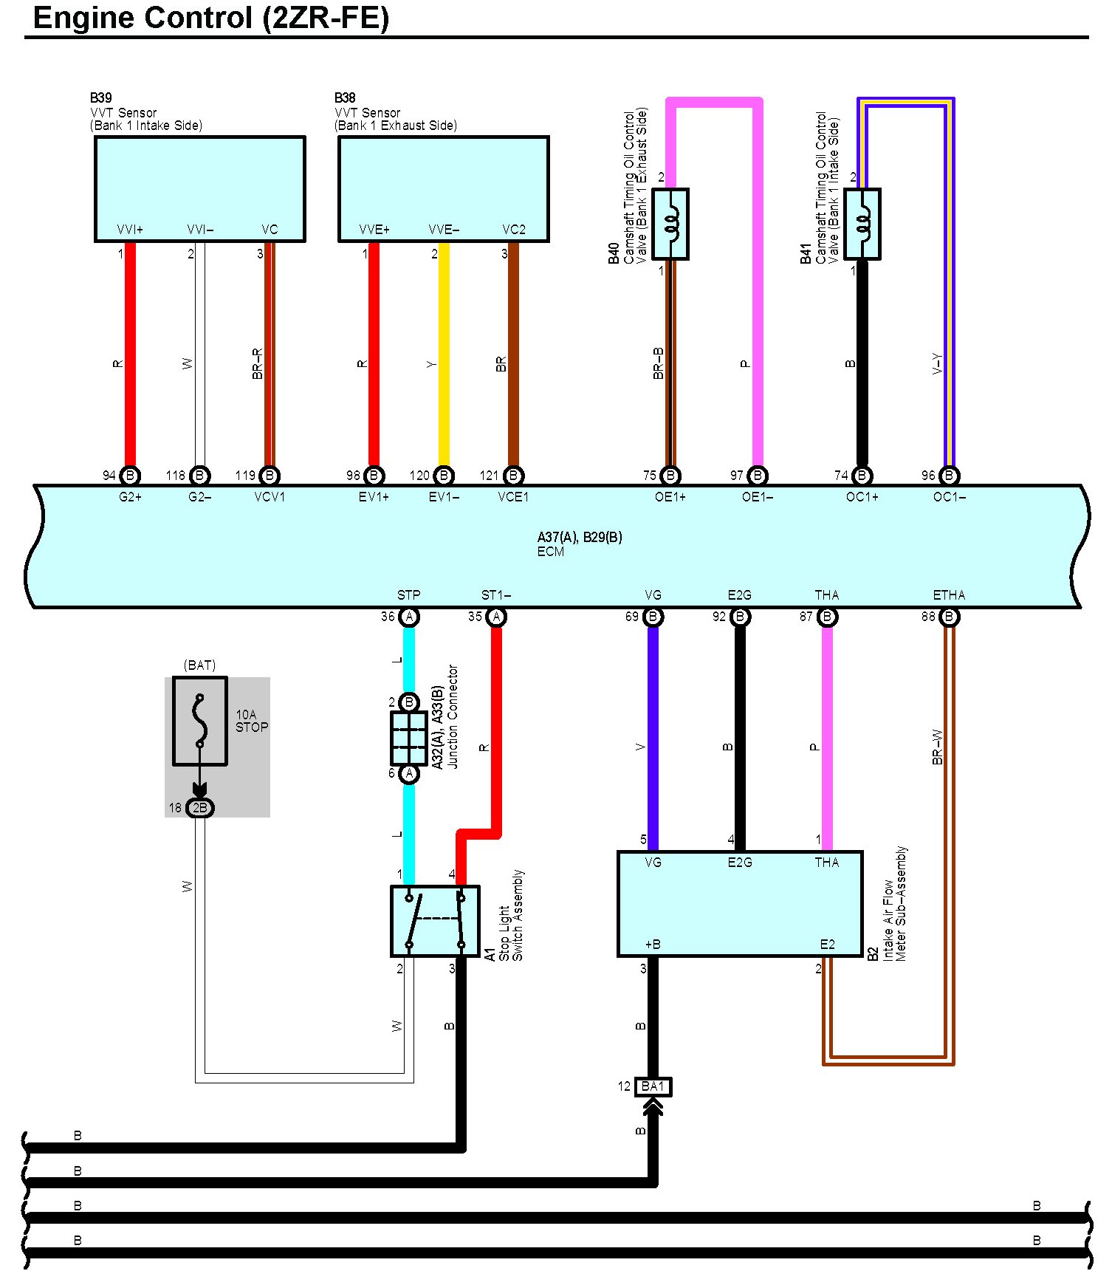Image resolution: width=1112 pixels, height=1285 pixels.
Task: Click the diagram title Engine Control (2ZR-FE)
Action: click(x=211, y=18)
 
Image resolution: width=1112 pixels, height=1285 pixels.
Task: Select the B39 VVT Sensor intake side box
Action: click(x=199, y=188)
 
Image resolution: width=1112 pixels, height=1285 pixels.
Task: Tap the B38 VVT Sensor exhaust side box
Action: click(x=443, y=188)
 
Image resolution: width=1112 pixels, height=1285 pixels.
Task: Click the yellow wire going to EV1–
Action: click(x=444, y=354)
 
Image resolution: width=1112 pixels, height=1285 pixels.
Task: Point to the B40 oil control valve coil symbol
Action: click(x=670, y=224)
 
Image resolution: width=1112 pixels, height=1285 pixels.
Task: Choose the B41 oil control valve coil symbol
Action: click(x=862, y=224)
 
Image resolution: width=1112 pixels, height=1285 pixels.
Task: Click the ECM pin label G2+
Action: click(x=130, y=497)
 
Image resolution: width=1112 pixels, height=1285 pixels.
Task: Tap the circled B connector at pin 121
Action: click(x=513, y=476)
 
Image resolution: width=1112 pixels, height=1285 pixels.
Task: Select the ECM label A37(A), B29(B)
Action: click(x=580, y=537)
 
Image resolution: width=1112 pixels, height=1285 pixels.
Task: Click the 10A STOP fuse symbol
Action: click(x=199, y=721)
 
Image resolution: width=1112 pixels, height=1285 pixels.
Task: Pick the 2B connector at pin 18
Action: click(x=199, y=808)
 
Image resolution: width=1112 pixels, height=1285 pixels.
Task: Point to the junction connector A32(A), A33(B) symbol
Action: click(x=408, y=738)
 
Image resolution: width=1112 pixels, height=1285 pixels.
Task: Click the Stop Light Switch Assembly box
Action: click(x=435, y=921)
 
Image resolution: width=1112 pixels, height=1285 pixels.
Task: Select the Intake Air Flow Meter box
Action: click(x=739, y=903)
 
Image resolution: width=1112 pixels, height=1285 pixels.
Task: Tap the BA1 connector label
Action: click(x=653, y=1086)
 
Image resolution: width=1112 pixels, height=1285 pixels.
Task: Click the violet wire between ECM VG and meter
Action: click(x=653, y=739)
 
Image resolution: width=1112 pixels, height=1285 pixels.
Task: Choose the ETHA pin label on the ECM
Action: click(x=949, y=595)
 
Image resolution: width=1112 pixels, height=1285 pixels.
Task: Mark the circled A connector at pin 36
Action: click(x=408, y=617)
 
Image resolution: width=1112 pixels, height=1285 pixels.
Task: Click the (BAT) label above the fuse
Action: click(x=199, y=665)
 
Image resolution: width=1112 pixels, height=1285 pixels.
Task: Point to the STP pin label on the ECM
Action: click(x=408, y=595)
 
